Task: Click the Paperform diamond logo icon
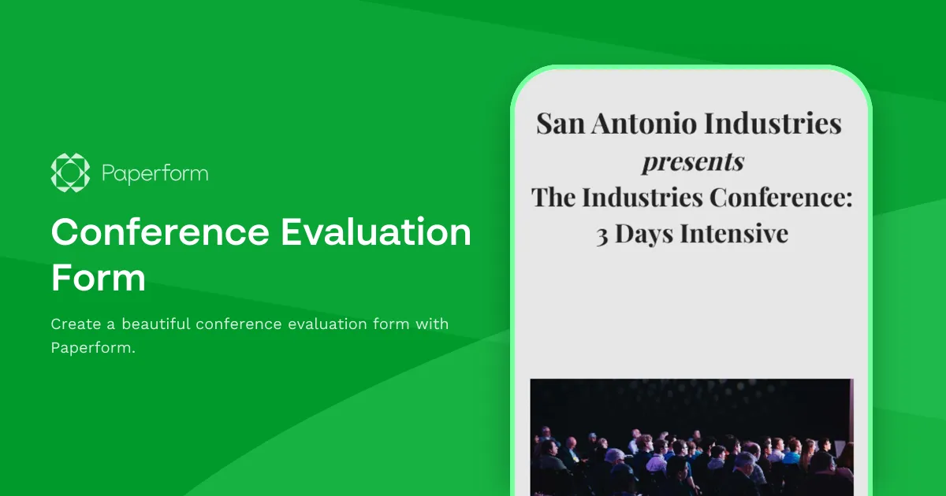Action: tap(71, 172)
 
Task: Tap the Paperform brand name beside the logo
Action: tap(155, 173)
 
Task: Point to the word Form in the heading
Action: tap(99, 278)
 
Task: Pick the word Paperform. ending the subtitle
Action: tap(93, 347)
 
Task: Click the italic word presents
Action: tap(692, 161)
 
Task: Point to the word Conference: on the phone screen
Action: tap(780, 197)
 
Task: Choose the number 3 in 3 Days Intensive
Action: tap(601, 235)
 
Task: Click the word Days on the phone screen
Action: tap(644, 235)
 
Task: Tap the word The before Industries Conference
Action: tap(554, 197)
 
